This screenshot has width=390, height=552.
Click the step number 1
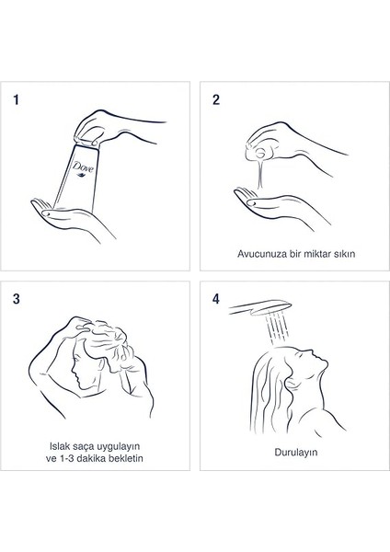pyautogui.click(x=16, y=99)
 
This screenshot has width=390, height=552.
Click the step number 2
pyautogui.click(x=216, y=99)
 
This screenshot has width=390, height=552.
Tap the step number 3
pyautogui.click(x=17, y=299)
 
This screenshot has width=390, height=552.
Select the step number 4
pyautogui.click(x=216, y=299)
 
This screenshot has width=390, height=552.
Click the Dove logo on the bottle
pyautogui.click(x=83, y=167)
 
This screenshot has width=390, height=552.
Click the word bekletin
pyautogui.click(x=128, y=458)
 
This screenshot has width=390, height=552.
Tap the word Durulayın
pyautogui.click(x=296, y=453)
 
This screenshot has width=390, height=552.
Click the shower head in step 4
pyautogui.click(x=260, y=307)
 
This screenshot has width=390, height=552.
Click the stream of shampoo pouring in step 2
pyautogui.click(x=260, y=174)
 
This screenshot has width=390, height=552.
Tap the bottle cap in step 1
pyautogui.click(x=86, y=141)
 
